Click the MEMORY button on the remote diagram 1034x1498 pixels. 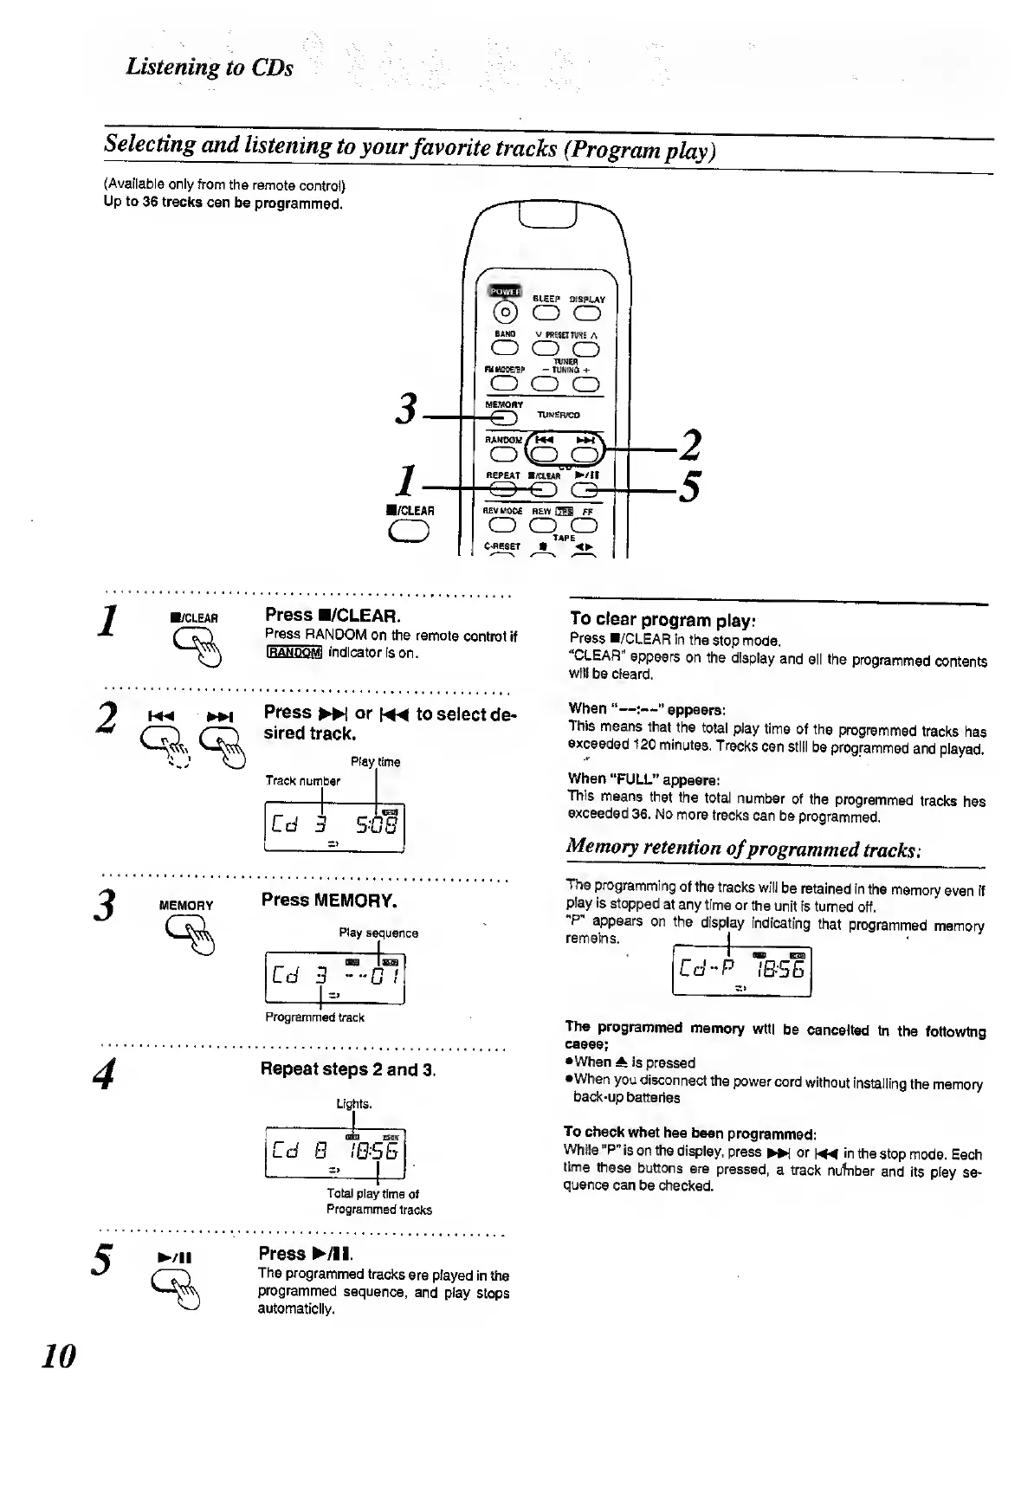coord(501,418)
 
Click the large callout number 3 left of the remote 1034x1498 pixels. coord(404,409)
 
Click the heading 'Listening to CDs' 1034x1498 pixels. coord(210,68)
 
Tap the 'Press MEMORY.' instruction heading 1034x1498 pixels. coord(329,900)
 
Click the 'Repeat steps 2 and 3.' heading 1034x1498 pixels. coord(348,1069)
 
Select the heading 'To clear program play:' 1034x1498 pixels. coord(663,620)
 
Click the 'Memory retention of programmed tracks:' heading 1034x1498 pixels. coord(742,847)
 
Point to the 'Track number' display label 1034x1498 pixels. coord(303,781)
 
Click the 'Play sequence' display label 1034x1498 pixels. coord(378,933)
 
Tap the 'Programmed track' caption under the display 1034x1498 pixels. coord(314,1017)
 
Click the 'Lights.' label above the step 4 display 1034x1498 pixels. coord(354,1104)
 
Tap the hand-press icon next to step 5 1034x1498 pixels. coord(176,1290)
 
